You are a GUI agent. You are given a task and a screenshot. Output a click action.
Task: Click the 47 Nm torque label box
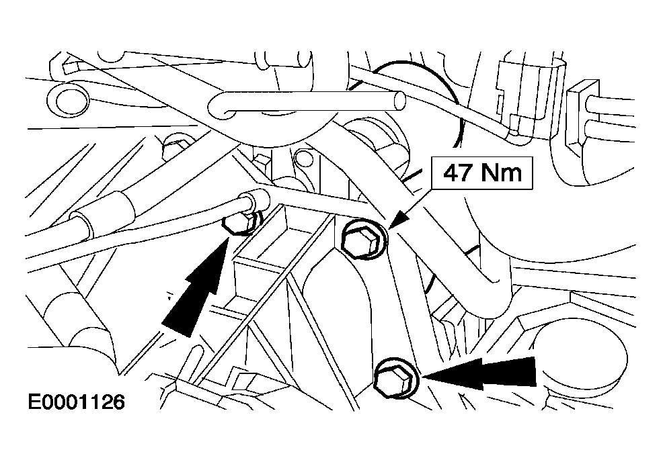click(x=482, y=173)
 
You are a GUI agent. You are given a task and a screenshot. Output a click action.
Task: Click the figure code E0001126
click(x=76, y=402)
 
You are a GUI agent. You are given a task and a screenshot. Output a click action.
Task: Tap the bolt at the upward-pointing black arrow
click(x=239, y=222)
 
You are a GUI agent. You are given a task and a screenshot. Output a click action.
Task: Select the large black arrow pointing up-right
click(x=195, y=288)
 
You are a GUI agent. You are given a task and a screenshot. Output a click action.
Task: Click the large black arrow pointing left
click(x=479, y=372)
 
